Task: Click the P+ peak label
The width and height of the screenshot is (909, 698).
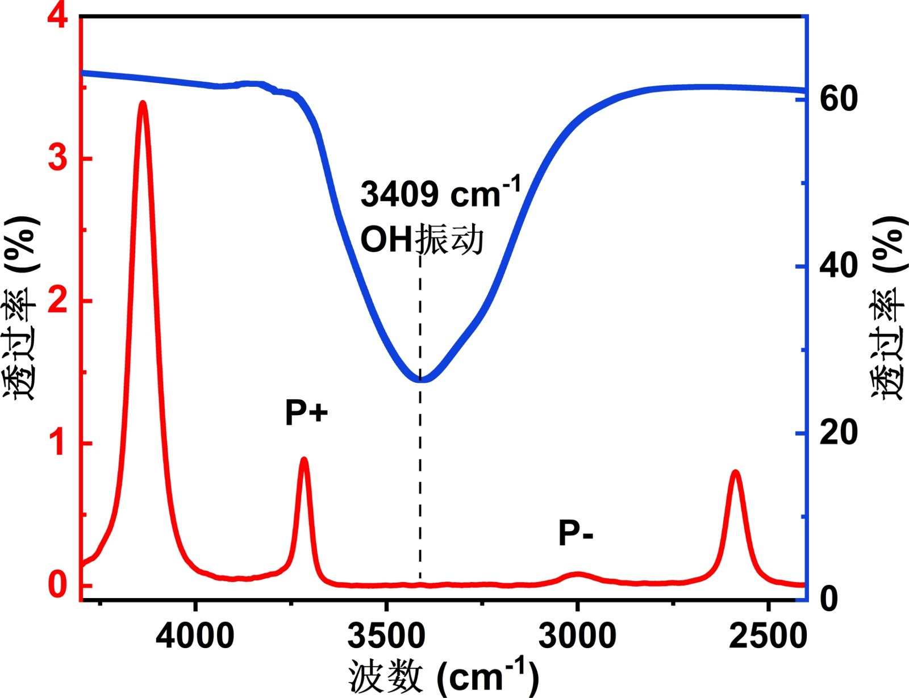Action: point(306,412)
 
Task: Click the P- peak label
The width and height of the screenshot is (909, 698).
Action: point(576,533)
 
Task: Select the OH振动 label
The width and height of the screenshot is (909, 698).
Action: point(422,239)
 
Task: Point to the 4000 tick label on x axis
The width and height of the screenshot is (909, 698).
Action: point(195,636)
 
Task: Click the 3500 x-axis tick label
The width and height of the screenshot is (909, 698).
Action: point(386,636)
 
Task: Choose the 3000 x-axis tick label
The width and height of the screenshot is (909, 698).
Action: point(577,636)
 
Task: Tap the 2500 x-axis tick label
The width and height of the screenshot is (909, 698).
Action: point(768,636)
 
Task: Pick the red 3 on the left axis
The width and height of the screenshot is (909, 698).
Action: point(57,157)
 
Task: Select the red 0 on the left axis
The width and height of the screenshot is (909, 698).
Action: point(57,584)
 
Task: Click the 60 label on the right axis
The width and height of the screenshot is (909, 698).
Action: point(839,99)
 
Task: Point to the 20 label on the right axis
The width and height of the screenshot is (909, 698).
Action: point(839,433)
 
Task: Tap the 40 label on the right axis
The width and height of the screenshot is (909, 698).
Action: point(839,266)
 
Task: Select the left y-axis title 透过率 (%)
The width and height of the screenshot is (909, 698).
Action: point(22,308)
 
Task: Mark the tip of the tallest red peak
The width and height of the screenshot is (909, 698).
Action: point(143,103)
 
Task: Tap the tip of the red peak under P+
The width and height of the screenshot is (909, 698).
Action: point(304,459)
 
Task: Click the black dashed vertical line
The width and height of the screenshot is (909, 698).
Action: point(420,483)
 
